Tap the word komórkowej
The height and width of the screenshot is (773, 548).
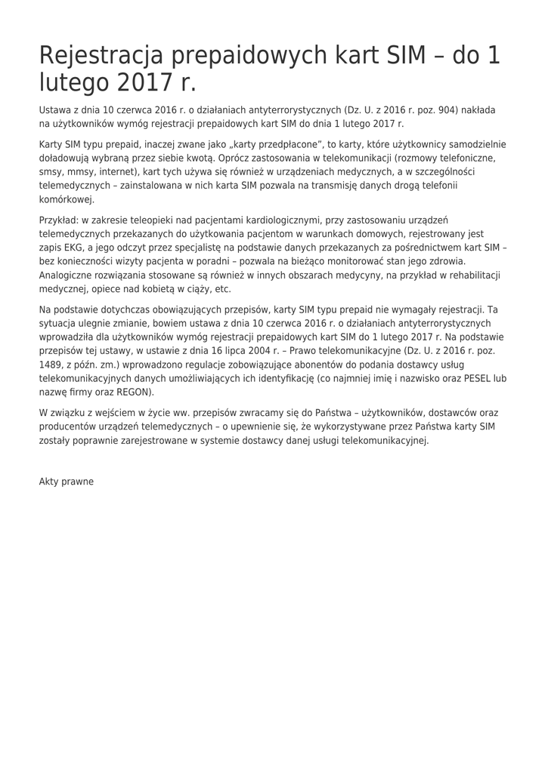(x=67, y=200)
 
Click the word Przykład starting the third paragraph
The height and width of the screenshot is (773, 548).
(x=58, y=220)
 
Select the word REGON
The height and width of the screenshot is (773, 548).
(x=134, y=393)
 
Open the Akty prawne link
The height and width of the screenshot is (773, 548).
(x=67, y=482)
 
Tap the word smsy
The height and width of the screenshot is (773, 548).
(x=51, y=172)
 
